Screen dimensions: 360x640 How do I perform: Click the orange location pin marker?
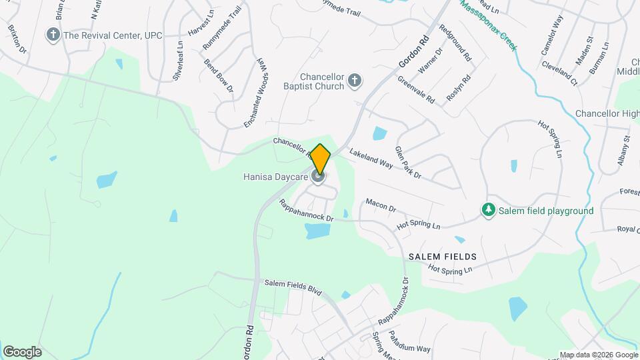320,158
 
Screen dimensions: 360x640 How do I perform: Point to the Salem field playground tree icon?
489,211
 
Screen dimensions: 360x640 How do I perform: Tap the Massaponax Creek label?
488,25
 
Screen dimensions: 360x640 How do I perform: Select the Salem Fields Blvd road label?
293,287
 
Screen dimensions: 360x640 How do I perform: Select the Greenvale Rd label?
416,89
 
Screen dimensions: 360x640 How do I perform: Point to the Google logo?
22,351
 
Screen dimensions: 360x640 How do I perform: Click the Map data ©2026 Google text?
598,355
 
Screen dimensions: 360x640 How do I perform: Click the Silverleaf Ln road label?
177,63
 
